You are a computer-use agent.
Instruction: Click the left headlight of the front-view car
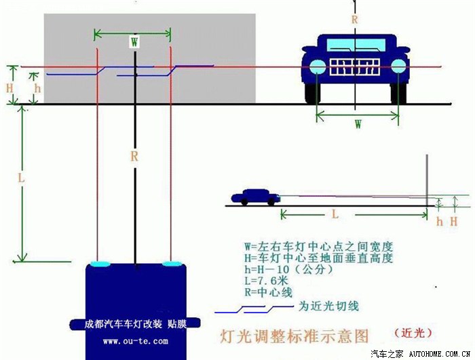tap(317, 66)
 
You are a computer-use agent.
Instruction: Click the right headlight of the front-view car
tap(398, 66)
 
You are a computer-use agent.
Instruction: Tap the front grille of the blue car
tap(357, 68)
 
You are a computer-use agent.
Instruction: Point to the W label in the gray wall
tap(134, 41)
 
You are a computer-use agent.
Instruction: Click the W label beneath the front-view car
tap(357, 124)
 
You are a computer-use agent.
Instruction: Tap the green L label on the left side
tap(21, 178)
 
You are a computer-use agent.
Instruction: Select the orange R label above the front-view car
tap(354, 20)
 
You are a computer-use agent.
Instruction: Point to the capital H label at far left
tap(9, 88)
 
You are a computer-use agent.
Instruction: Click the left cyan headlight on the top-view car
tap(101, 262)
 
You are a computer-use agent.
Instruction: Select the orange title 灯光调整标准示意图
tap(295, 335)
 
